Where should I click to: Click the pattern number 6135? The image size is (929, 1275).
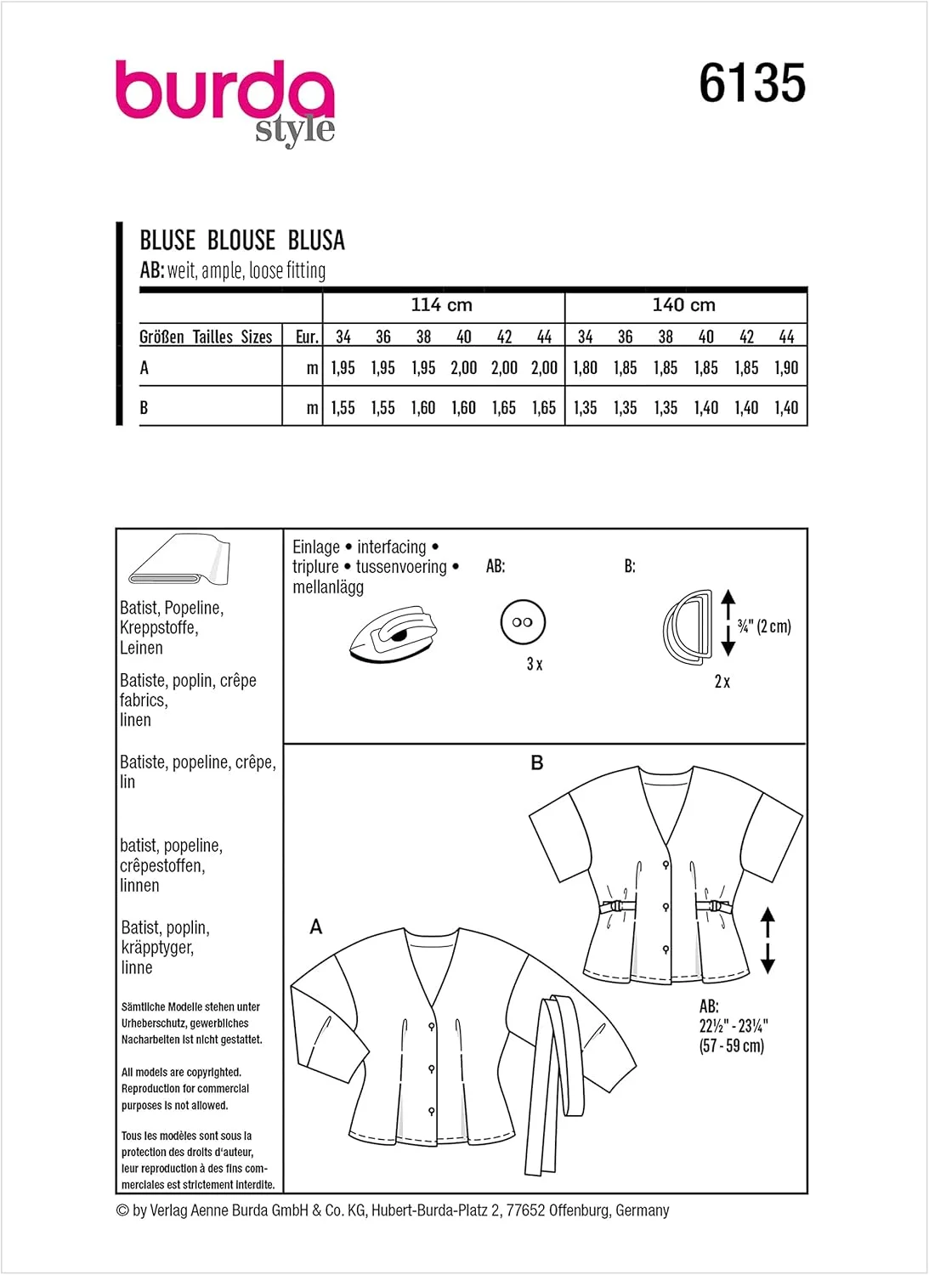(752, 83)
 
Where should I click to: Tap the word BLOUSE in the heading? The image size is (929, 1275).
(241, 241)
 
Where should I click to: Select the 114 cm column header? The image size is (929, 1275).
(442, 305)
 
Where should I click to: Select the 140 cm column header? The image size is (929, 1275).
(683, 305)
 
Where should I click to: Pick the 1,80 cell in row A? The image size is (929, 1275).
(585, 368)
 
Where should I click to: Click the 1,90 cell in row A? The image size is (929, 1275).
(786, 368)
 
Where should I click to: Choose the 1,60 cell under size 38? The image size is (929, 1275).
(423, 408)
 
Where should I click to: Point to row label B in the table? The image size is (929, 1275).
(144, 408)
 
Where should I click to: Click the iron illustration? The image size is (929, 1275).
(394, 633)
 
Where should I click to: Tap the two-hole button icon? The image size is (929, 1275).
(523, 622)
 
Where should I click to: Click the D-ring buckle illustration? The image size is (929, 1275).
(688, 626)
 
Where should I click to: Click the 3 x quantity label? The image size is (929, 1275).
(535, 664)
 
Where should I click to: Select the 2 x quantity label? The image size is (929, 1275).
(722, 682)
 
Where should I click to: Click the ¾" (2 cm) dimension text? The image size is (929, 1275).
(764, 626)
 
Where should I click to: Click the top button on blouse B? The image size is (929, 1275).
(666, 865)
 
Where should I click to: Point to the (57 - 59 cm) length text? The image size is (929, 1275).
(732, 1045)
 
